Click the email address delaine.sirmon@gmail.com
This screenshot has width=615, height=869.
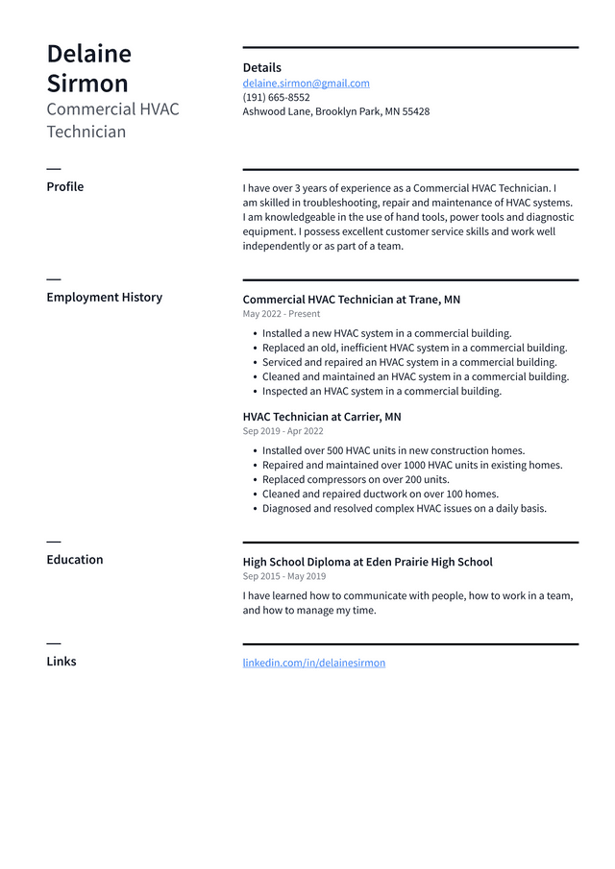point(306,84)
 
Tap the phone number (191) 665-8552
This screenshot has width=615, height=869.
point(276,98)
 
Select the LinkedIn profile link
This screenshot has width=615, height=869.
point(313,663)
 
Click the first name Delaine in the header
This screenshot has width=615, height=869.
point(88,54)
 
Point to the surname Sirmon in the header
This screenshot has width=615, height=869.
point(87,84)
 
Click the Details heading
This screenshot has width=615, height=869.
point(261,68)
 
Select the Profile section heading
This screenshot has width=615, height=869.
point(64,187)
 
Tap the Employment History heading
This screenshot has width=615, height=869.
point(104,298)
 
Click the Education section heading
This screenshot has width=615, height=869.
point(74,560)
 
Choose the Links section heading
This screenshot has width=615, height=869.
point(61,662)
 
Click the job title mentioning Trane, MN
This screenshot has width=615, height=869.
point(351,300)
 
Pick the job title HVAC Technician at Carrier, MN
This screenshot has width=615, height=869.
point(321,418)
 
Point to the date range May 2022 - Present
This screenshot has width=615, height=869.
point(281,314)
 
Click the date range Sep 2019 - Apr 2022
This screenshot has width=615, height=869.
point(283,432)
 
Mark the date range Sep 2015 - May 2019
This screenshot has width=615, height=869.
point(283,576)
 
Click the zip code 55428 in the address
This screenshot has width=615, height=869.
point(415,112)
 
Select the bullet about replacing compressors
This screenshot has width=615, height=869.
point(356,480)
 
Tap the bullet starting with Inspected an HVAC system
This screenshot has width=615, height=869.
point(381,392)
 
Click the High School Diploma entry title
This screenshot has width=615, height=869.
point(367,563)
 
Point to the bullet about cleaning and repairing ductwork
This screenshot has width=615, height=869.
point(380,495)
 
